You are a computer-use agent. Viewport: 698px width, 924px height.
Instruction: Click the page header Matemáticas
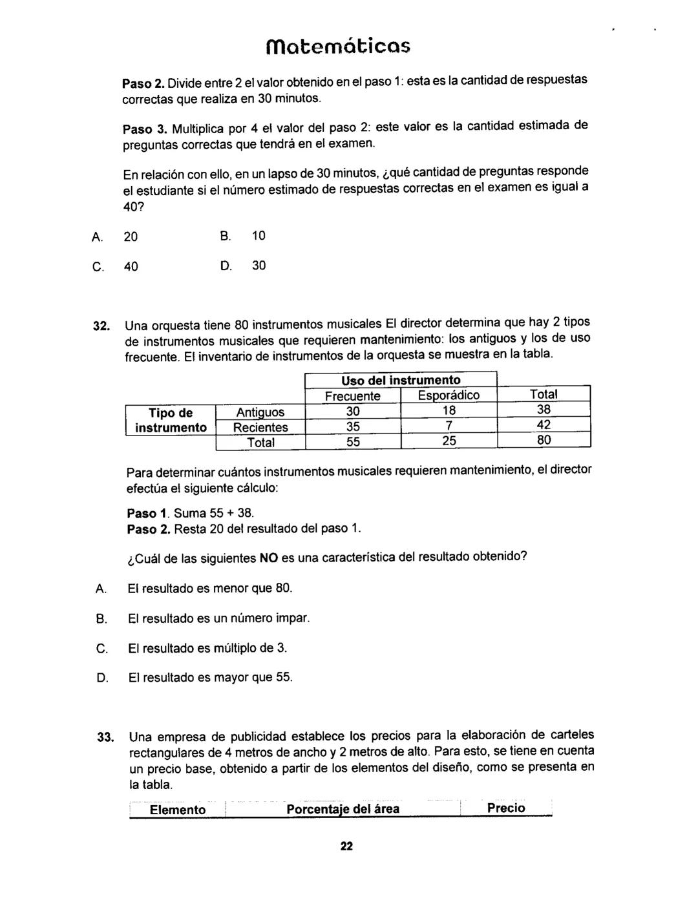(339, 47)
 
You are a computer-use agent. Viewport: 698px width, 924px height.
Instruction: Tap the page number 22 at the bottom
(346, 847)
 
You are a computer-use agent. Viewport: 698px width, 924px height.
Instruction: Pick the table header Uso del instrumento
(401, 380)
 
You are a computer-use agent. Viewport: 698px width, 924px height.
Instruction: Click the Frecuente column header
(352, 395)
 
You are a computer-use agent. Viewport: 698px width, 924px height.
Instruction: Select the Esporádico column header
(449, 395)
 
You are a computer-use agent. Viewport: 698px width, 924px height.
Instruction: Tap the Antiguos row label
(260, 412)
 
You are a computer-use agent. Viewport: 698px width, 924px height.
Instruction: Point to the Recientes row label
(260, 427)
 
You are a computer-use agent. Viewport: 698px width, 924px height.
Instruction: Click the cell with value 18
(449, 412)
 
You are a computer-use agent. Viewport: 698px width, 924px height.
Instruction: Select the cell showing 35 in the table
(353, 427)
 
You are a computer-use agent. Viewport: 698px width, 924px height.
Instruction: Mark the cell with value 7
(449, 427)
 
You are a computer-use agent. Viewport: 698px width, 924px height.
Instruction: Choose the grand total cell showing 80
(544, 441)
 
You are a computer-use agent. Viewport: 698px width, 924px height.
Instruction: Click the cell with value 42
(544, 425)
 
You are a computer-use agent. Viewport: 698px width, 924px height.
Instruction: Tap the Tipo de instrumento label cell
(171, 419)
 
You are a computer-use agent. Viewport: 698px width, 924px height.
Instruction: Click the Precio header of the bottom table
(506, 808)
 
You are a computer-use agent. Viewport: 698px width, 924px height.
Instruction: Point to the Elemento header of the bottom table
(178, 810)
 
